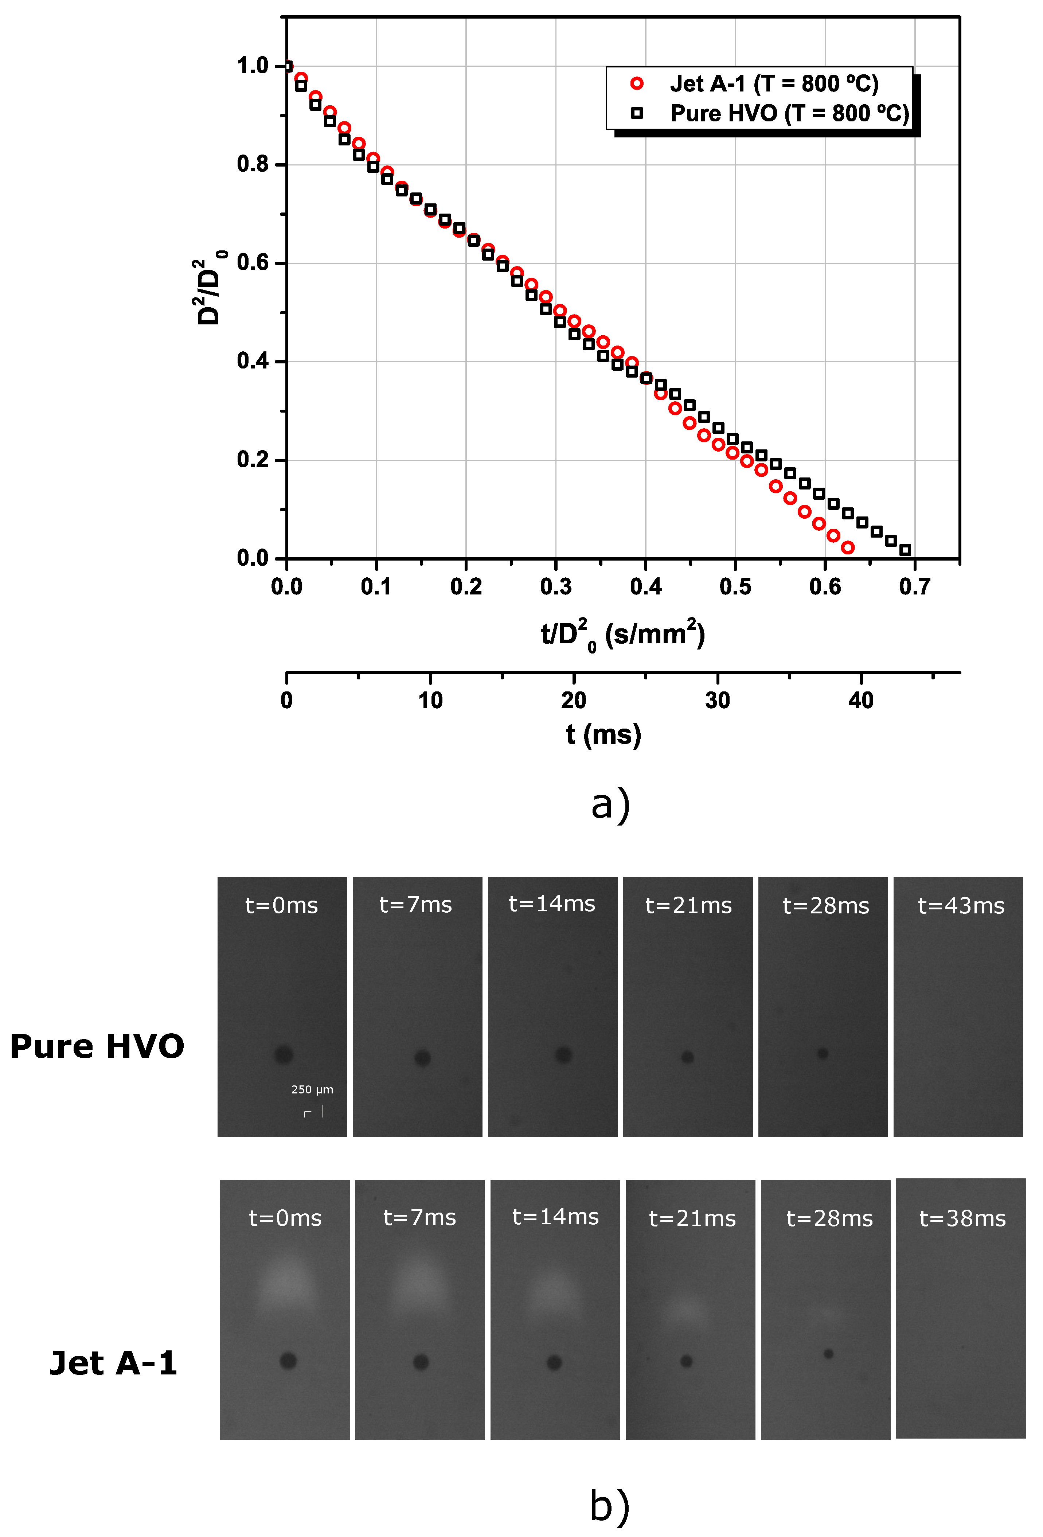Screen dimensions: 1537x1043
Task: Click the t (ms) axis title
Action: pos(603,734)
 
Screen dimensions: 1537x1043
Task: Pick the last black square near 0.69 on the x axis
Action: pos(905,550)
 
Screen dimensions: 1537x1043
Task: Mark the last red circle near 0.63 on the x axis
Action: pos(847,547)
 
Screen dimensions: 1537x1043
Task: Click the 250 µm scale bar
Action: pos(313,1112)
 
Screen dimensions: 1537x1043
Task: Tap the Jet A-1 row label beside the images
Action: pos(113,1363)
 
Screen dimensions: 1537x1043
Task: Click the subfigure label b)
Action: pos(609,1507)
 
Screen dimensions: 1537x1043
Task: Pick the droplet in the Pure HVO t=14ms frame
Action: pos(563,1054)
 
